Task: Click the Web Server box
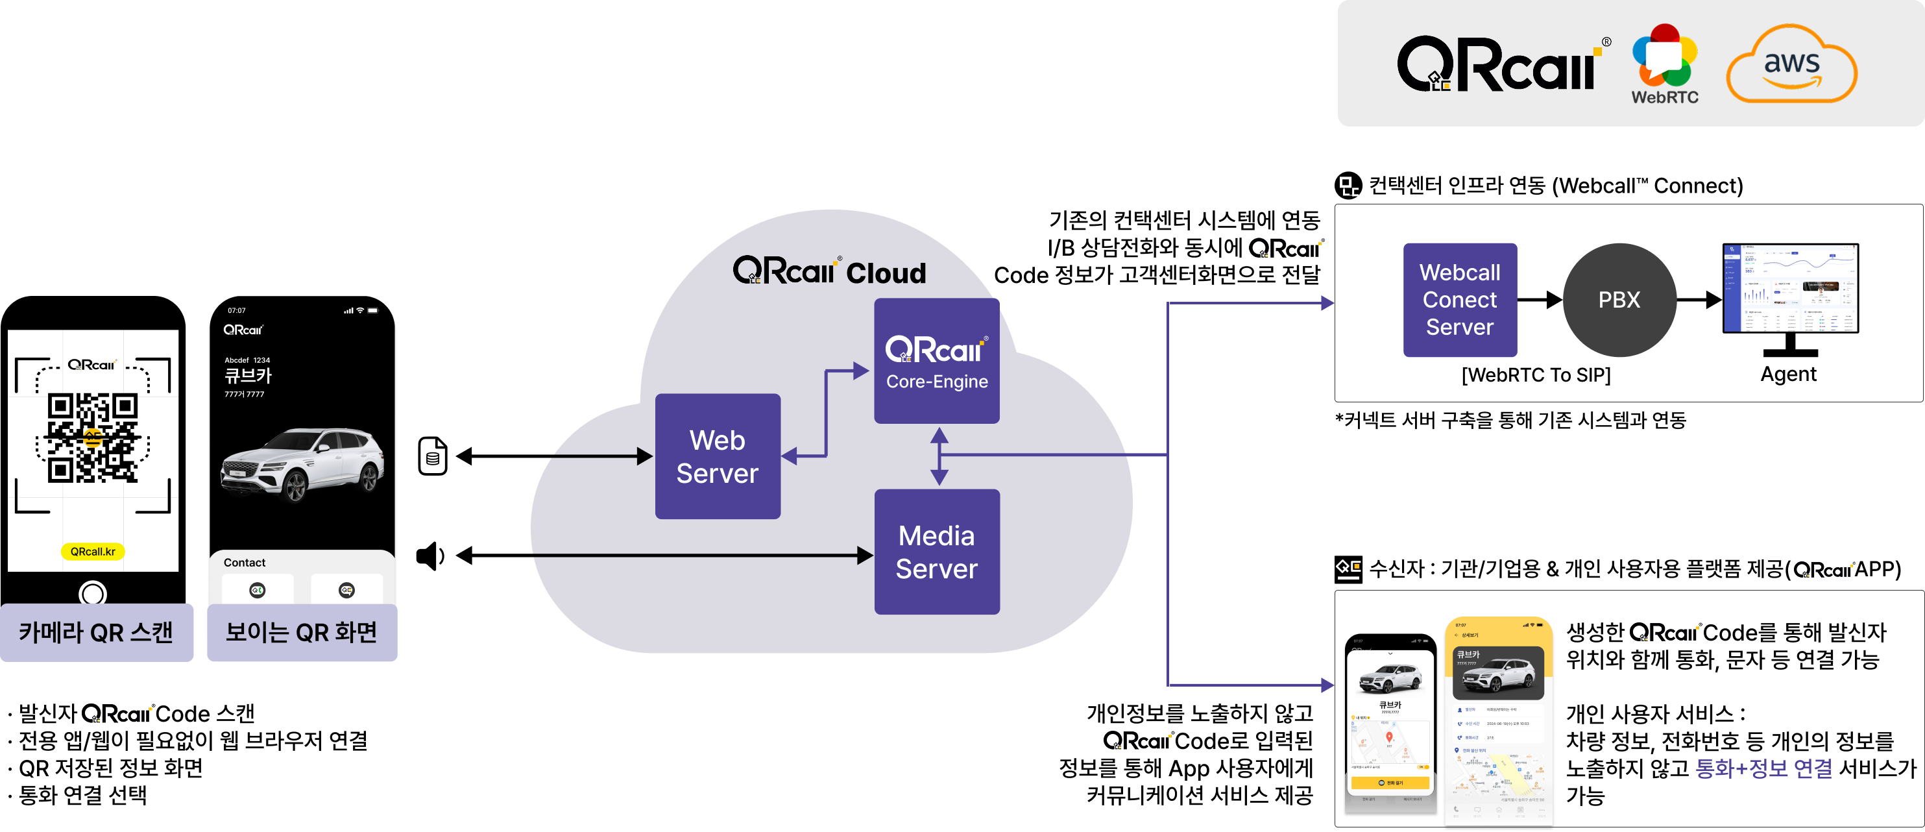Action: point(718,456)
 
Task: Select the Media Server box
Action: point(936,552)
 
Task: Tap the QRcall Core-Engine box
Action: point(936,360)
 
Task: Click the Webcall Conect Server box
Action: point(1459,300)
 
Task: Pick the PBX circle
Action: point(1619,300)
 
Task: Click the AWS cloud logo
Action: point(1791,64)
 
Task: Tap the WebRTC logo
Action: point(1664,64)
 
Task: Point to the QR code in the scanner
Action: point(93,437)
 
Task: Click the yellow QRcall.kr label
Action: point(93,552)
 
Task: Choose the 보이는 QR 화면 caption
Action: point(301,632)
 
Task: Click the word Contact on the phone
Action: point(245,563)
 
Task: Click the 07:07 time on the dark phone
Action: point(236,310)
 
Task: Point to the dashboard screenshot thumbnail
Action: point(1790,288)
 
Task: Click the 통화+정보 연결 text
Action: point(1763,768)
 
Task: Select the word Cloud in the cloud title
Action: point(886,274)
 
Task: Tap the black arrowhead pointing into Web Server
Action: point(644,456)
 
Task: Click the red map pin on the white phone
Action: point(1389,737)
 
